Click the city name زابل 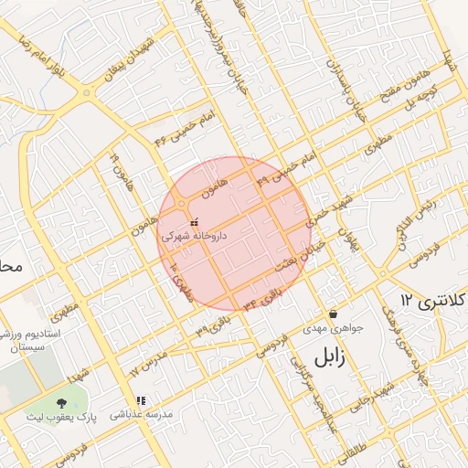[x=332, y=356]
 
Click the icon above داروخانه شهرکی [x=194, y=222]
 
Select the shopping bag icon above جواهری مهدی [x=333, y=312]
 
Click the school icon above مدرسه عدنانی [x=142, y=399]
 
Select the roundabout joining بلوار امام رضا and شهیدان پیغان [x=86, y=92]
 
